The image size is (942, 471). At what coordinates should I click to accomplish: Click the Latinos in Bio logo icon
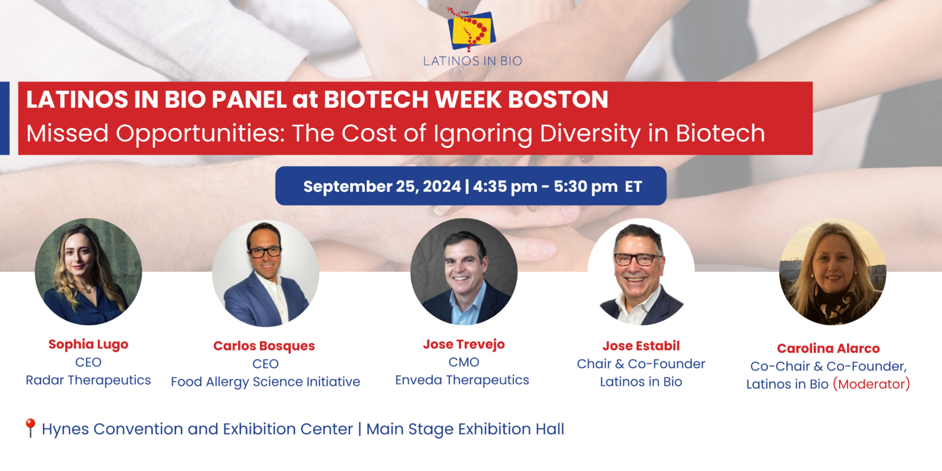pos(471,29)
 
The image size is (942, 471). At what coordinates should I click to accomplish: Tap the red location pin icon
pos(29,427)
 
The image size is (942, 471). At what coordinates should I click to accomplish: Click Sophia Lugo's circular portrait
pos(88,272)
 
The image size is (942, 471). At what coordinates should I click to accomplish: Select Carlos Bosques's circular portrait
pos(265,274)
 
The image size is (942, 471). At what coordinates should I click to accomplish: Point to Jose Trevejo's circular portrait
pos(464,271)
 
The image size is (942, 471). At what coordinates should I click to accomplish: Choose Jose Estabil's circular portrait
pos(641,272)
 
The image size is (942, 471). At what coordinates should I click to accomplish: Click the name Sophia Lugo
pos(88,345)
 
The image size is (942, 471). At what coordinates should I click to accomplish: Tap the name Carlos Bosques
pos(264,346)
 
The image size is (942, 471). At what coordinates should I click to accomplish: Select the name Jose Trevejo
pos(464,345)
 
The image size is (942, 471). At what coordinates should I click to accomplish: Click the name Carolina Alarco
pos(828,348)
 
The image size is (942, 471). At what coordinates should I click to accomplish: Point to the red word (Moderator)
pos(871,385)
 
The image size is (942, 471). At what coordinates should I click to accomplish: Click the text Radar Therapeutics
pos(88,380)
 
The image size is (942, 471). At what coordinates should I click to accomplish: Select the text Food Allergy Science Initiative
pos(265,381)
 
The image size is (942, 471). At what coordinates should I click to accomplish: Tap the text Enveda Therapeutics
pos(462,380)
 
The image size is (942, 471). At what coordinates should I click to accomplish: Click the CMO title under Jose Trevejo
pos(464,362)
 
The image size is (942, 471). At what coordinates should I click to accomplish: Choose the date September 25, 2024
pos(381,186)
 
